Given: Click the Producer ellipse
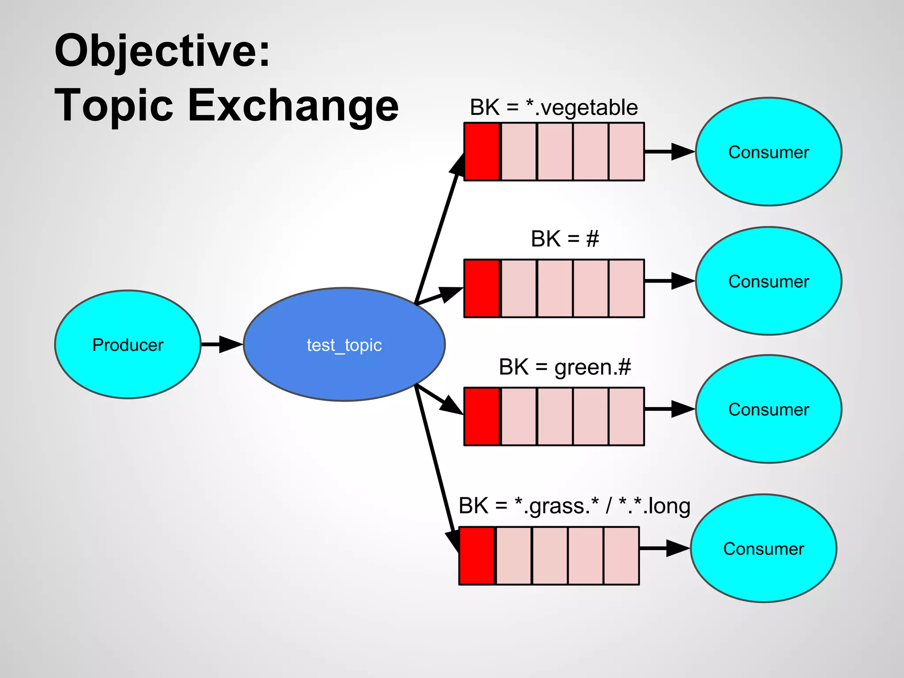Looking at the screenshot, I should coord(128,344).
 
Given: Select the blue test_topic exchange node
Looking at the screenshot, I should coord(344,344).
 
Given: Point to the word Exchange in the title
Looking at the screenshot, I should coord(293,106).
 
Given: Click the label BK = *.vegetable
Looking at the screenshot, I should coord(554,107).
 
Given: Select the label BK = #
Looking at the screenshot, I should coord(565,239).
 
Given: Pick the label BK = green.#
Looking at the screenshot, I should coord(565,367).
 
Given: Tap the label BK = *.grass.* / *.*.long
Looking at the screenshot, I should coord(574,506).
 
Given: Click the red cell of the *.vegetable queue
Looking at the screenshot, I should coord(482,152).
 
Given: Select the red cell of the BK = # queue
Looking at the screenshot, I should coord(482,288).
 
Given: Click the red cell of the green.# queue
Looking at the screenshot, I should coord(482,416).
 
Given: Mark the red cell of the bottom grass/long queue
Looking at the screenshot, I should coord(477,555).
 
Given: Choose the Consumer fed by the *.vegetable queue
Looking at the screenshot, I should coord(768,152).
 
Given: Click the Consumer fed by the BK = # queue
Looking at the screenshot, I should coord(768,281).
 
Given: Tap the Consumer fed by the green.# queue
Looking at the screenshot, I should coord(768,409).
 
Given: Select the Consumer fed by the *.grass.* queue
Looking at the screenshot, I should coord(763,548).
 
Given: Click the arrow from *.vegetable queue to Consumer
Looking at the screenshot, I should coord(669,151).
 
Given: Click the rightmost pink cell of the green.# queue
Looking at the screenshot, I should coord(626,416).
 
